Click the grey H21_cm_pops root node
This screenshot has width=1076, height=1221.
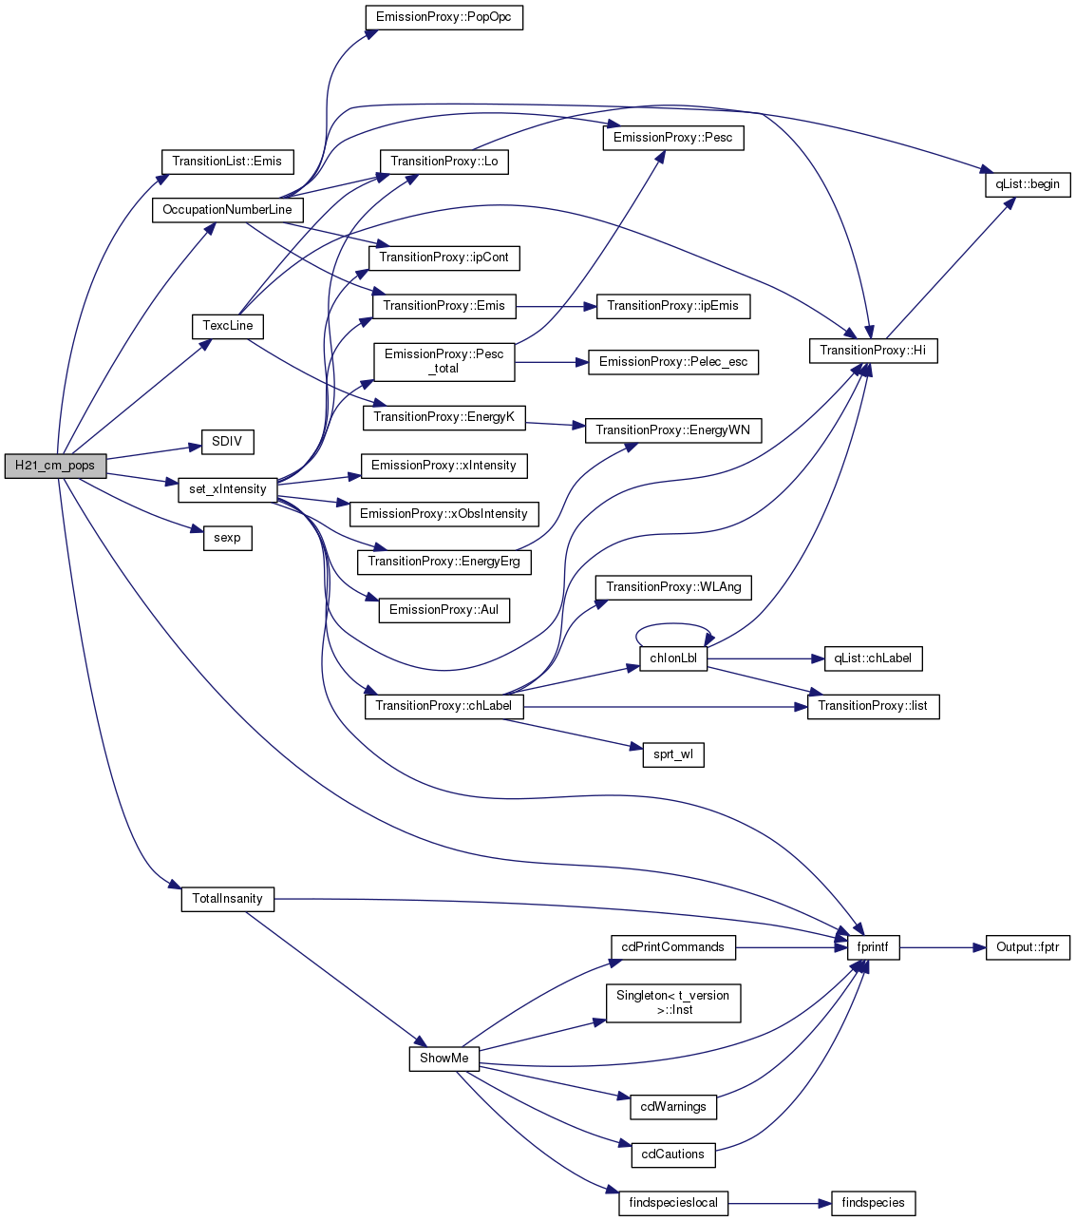(x=55, y=466)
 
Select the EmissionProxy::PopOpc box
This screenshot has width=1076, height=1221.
(x=444, y=17)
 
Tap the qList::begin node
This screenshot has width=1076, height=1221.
(x=1028, y=184)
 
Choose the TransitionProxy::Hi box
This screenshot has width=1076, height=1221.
(x=873, y=351)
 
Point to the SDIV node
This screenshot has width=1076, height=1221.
(x=227, y=442)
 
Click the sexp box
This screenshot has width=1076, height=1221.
(x=227, y=538)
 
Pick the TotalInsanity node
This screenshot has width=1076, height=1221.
(x=227, y=899)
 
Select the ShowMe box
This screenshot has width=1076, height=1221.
(x=444, y=1059)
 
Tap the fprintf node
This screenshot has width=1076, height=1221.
(x=873, y=947)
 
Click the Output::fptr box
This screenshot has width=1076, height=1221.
(x=1028, y=947)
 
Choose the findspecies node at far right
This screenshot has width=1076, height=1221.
(x=873, y=1204)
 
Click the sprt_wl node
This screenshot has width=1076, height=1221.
(x=673, y=754)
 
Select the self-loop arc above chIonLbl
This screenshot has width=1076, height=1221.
(x=673, y=624)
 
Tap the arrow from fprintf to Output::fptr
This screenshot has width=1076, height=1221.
(x=942, y=948)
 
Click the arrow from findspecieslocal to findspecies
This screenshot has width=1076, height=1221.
(x=780, y=1204)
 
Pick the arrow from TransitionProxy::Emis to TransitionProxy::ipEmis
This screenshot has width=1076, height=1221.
(x=557, y=307)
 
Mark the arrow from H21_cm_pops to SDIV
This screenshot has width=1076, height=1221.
(x=154, y=452)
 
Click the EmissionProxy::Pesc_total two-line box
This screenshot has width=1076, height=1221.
(x=444, y=362)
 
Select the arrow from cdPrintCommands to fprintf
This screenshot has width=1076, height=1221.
(x=791, y=948)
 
